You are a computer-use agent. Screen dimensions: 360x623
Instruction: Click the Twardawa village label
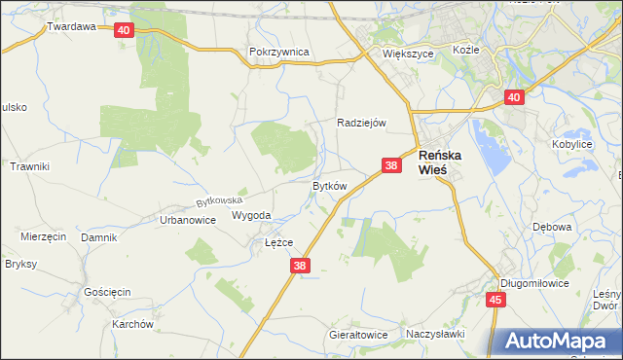tap(71, 27)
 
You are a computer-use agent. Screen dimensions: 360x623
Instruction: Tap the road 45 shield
tap(495, 300)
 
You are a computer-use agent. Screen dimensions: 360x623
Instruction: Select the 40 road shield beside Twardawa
tap(123, 30)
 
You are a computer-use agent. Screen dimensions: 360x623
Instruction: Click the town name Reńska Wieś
tap(440, 162)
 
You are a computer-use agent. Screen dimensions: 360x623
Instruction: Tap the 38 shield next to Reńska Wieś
tap(391, 166)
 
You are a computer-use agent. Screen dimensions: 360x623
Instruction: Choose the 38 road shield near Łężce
tap(300, 265)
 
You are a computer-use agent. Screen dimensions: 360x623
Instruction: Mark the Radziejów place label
tap(362, 123)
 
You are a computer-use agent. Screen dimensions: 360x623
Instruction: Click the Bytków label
tap(329, 185)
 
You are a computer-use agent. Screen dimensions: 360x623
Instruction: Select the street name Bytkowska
tap(219, 201)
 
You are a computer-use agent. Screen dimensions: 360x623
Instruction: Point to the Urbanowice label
tap(187, 220)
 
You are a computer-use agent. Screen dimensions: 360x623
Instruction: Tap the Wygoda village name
tap(251, 215)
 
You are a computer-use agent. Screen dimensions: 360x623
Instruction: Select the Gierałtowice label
tap(358, 335)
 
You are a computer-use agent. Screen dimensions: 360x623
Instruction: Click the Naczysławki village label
tap(437, 334)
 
